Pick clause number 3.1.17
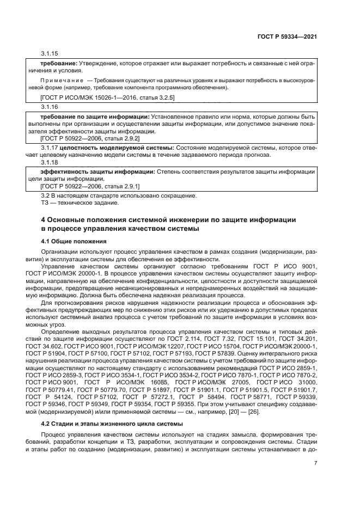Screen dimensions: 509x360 tap(50, 148)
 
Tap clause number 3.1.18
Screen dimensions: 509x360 tap(50, 162)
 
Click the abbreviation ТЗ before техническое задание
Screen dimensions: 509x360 tap(45, 203)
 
